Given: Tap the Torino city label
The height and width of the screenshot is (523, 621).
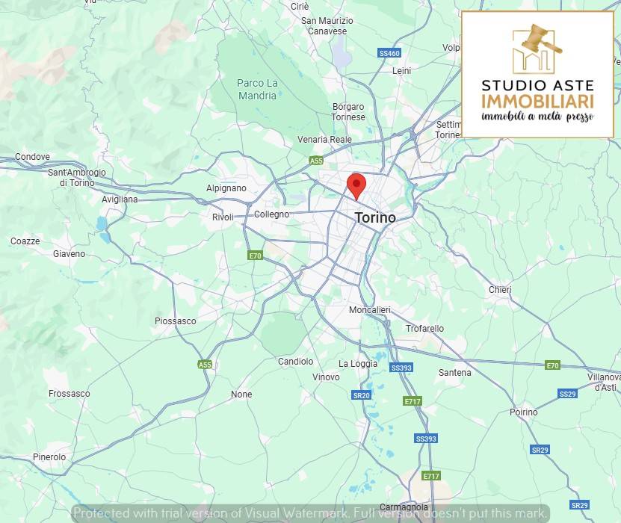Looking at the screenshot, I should click(x=374, y=217).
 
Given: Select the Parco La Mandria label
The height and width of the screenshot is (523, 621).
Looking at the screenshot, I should click(x=257, y=89).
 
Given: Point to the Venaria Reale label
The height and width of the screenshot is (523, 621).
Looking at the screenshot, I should click(x=324, y=140).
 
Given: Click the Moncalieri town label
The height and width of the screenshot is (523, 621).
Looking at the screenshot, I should click(x=369, y=310).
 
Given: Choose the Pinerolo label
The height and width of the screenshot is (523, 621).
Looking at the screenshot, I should click(x=49, y=457).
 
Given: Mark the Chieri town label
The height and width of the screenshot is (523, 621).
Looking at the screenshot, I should click(x=499, y=290).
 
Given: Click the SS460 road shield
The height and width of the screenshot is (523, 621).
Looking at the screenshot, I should click(x=389, y=53).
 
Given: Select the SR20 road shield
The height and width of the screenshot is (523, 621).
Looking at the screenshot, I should click(x=361, y=395).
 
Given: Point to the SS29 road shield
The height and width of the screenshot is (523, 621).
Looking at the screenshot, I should click(x=567, y=394).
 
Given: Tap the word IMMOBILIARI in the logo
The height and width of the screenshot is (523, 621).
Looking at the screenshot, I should click(x=538, y=101).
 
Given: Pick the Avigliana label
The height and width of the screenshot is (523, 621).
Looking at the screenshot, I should click(x=120, y=199).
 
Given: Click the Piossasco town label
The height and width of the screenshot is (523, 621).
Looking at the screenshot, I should click(x=175, y=321).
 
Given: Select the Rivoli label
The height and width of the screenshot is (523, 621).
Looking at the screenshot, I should click(x=223, y=217).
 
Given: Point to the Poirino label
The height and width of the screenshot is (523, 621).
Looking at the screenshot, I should click(x=523, y=412).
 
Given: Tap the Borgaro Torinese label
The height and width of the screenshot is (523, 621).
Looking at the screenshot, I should click(x=348, y=112).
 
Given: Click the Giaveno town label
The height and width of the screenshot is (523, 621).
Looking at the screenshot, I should click(x=69, y=254).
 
